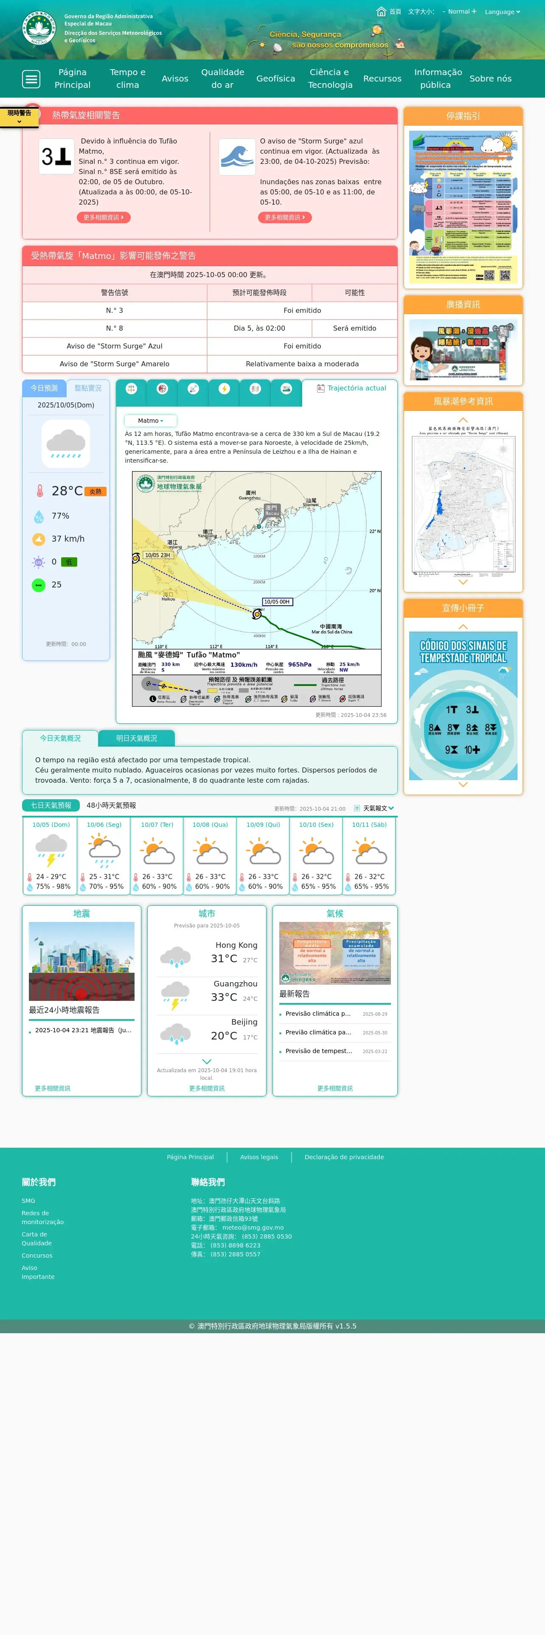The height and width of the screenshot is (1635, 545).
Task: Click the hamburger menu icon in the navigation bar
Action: (31, 79)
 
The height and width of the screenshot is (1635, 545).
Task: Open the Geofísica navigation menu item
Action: (275, 79)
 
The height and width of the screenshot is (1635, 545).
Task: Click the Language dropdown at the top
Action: (502, 11)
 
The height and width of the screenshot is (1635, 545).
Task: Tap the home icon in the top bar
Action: (381, 11)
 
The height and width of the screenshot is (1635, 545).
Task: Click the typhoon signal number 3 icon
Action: (56, 156)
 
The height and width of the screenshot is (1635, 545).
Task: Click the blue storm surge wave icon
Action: (237, 157)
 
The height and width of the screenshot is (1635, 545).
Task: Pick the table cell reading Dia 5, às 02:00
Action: (259, 328)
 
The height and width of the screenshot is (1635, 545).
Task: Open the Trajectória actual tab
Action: (351, 388)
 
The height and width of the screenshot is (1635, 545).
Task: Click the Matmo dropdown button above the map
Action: (150, 421)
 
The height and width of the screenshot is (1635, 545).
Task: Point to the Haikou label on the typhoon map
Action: (168, 598)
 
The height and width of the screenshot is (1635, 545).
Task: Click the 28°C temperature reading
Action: (67, 491)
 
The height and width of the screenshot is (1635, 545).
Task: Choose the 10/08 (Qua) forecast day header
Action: (210, 824)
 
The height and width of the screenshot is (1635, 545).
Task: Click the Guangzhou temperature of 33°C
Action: (224, 997)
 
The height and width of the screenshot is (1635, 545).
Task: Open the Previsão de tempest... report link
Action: (318, 1051)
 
